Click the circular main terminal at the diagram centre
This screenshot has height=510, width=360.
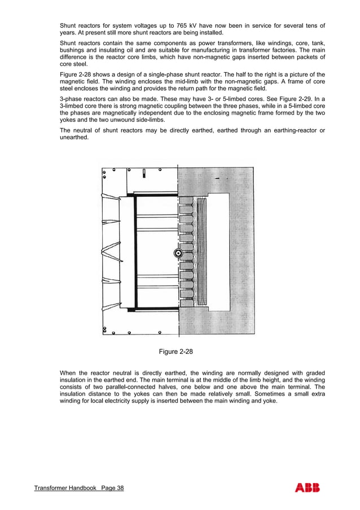pos(178,253)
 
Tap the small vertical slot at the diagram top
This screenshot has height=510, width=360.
pos(145,173)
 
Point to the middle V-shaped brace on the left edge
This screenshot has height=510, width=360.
pos(110,250)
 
